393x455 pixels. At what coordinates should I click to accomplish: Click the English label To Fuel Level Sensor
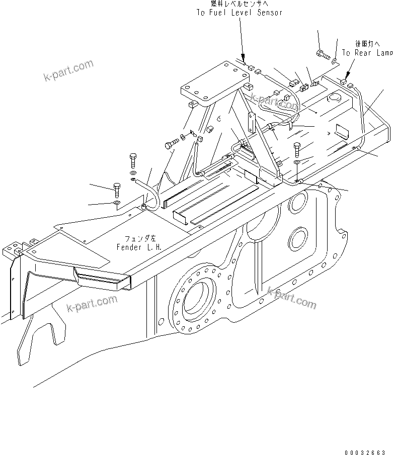tap(239, 12)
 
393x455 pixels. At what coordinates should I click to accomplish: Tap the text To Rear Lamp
tap(367, 52)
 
